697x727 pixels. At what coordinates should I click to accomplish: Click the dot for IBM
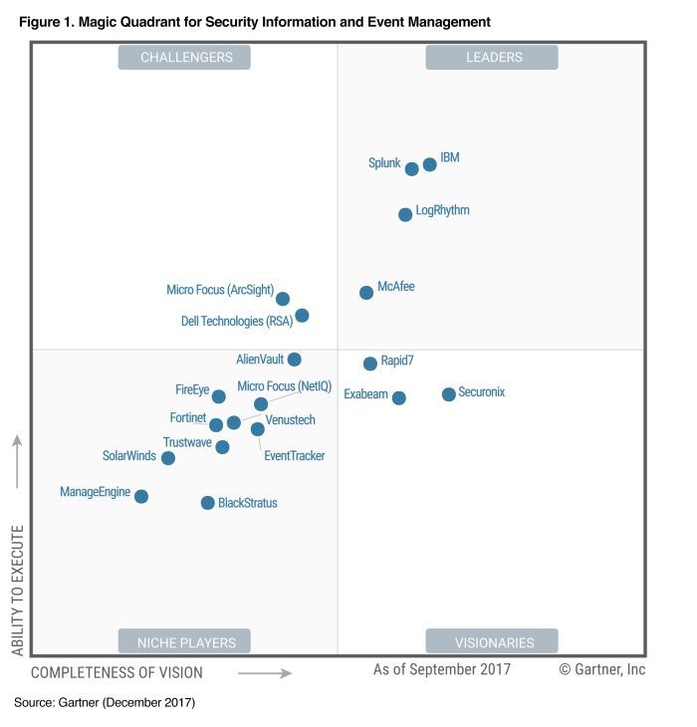pyautogui.click(x=430, y=164)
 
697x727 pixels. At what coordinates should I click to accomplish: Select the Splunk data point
pyautogui.click(x=412, y=169)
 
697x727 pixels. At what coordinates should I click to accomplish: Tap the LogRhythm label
pyautogui.click(x=442, y=210)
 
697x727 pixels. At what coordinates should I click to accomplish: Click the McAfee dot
pyautogui.click(x=366, y=293)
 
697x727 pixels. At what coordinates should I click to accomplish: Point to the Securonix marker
pyautogui.click(x=449, y=394)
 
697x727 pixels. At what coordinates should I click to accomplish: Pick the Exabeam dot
pyautogui.click(x=399, y=398)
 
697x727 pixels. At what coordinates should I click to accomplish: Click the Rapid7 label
pyautogui.click(x=397, y=360)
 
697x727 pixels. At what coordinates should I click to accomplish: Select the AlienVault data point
pyautogui.click(x=295, y=360)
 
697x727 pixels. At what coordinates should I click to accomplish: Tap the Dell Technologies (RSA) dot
pyautogui.click(x=303, y=316)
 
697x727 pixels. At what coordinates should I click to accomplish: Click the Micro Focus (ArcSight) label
pyautogui.click(x=220, y=290)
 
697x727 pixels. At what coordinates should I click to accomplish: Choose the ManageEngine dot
pyautogui.click(x=141, y=496)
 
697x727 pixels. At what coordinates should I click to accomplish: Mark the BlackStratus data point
pyautogui.click(x=208, y=503)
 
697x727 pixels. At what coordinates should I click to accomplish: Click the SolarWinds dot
pyautogui.click(x=168, y=458)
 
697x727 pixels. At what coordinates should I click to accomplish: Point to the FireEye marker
pyautogui.click(x=219, y=396)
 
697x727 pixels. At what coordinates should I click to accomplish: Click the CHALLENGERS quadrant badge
pyautogui.click(x=185, y=58)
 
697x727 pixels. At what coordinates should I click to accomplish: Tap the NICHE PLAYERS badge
pyautogui.click(x=185, y=642)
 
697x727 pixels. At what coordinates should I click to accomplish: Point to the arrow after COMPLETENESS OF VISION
pyautogui.click(x=265, y=673)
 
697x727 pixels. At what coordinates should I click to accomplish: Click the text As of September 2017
pyautogui.click(x=442, y=669)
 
